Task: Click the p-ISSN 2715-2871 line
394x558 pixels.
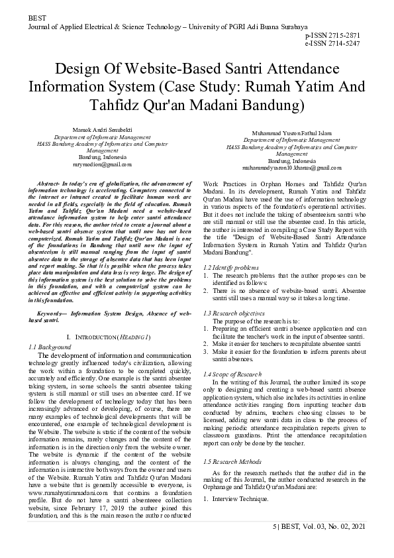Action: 342,34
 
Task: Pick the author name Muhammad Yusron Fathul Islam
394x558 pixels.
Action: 292,133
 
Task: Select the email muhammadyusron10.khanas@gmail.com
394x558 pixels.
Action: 291,168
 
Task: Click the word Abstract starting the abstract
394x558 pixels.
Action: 56,182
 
